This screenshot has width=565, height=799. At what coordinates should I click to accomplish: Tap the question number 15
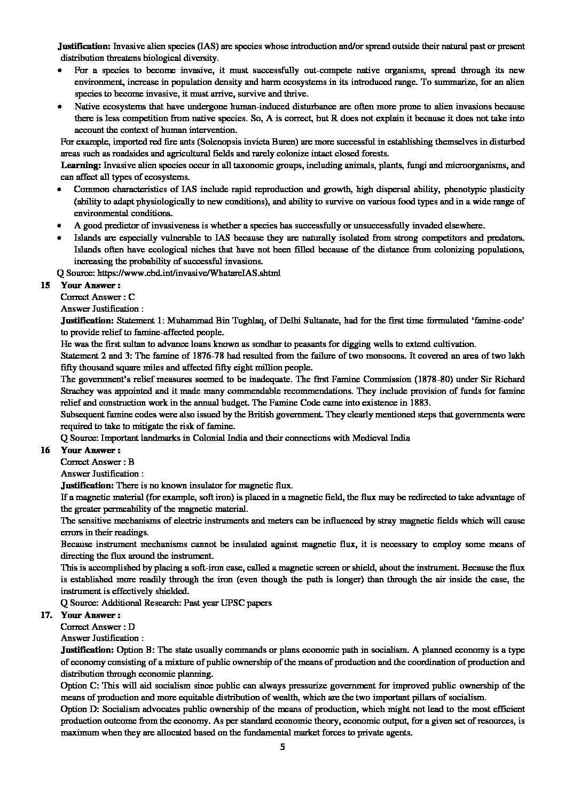45,285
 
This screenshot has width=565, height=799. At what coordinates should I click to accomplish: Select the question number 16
45,450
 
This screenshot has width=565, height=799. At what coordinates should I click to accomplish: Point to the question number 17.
46,615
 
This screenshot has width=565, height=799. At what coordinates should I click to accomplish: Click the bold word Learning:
81,165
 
